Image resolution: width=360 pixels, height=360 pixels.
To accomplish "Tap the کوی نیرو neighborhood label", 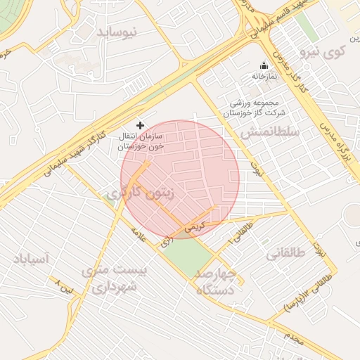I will (323, 51).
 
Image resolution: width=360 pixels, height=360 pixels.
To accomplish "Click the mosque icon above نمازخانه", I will (264, 65).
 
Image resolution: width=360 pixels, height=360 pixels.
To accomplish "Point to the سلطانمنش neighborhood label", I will (270, 132).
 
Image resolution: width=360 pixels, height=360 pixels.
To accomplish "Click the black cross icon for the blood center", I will (140, 124).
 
